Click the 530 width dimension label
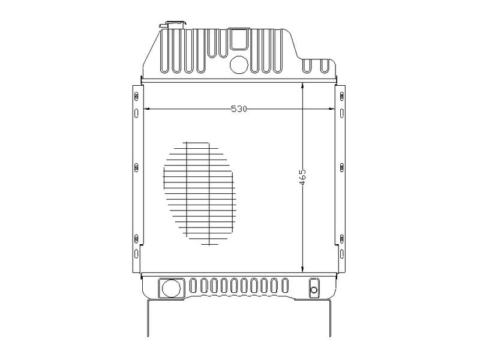(239, 109)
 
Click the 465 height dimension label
(302, 177)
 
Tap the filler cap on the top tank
(173, 25)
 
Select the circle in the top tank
(239, 65)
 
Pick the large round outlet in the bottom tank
(171, 288)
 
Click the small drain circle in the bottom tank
(314, 290)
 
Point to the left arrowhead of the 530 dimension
(146, 109)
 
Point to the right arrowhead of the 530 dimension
(332, 109)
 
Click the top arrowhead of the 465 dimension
(302, 86)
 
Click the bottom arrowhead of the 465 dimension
(302, 269)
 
